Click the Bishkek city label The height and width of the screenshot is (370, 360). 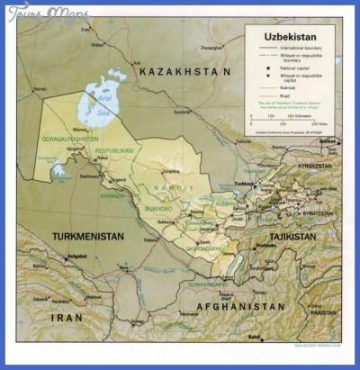tap(329, 141)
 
